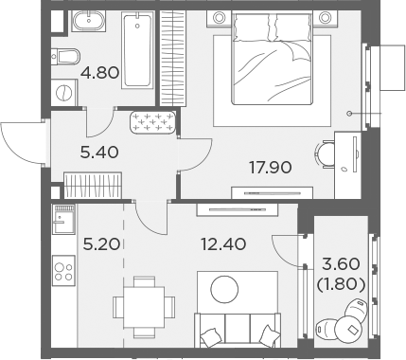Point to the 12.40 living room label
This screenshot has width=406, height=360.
[223, 244]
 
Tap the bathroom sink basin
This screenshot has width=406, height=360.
[66, 21]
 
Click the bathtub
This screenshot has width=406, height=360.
[136, 50]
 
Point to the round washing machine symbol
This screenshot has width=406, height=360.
[62, 94]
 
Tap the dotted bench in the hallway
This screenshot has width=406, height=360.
[153, 121]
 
